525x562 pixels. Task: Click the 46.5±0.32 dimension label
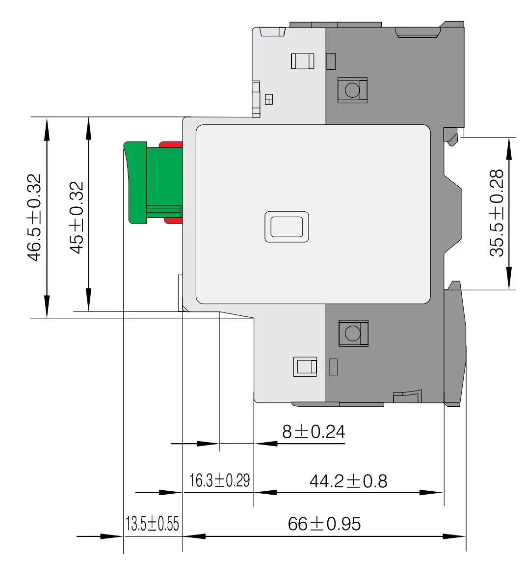[35, 218]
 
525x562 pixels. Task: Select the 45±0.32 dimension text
[76, 218]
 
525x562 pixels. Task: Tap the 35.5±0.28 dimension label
[497, 213]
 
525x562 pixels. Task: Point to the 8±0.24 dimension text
[314, 432]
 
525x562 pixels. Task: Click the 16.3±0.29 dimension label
[219, 480]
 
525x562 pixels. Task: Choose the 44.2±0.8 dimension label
[348, 481]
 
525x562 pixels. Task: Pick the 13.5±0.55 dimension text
[152, 524]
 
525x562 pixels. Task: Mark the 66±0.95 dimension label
[324, 524]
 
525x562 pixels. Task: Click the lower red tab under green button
[174, 221]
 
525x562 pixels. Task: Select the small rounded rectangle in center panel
[287, 227]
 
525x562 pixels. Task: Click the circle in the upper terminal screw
[352, 89]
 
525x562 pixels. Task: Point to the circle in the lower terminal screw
[352, 334]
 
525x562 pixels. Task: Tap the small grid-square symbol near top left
[269, 99]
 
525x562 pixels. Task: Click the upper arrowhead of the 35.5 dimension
[509, 147]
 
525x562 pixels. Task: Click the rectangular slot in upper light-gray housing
[302, 61]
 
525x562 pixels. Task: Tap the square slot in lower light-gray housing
[305, 366]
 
